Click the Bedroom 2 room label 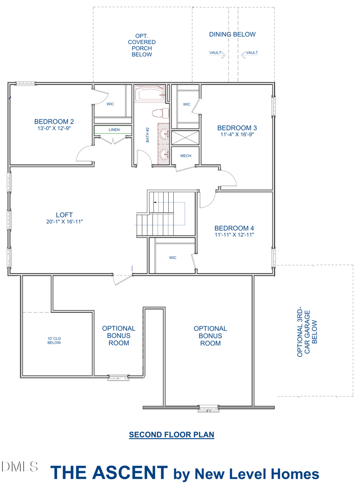pyautogui.click(x=54, y=121)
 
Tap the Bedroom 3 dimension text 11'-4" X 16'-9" pyautogui.click(x=237, y=135)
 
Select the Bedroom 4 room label pyautogui.click(x=234, y=228)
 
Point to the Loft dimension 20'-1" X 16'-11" pyautogui.click(x=65, y=222)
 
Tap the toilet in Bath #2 pyautogui.click(x=160, y=113)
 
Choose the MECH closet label pyautogui.click(x=185, y=156)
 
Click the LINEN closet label pyautogui.click(x=114, y=130)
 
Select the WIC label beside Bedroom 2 pyautogui.click(x=110, y=104)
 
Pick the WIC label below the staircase pyautogui.click(x=172, y=258)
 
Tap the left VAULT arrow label pyautogui.click(x=217, y=54)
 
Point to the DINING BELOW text pyautogui.click(x=232, y=34)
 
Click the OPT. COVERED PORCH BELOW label pyautogui.click(x=142, y=45)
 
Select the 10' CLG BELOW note pyautogui.click(x=54, y=341)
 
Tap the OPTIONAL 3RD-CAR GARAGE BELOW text pyautogui.click(x=307, y=332)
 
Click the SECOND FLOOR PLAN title pyautogui.click(x=171, y=435)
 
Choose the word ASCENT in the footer pyautogui.click(x=131, y=473)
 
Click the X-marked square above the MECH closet pyautogui.click(x=185, y=138)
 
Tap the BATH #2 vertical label pyautogui.click(x=148, y=135)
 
